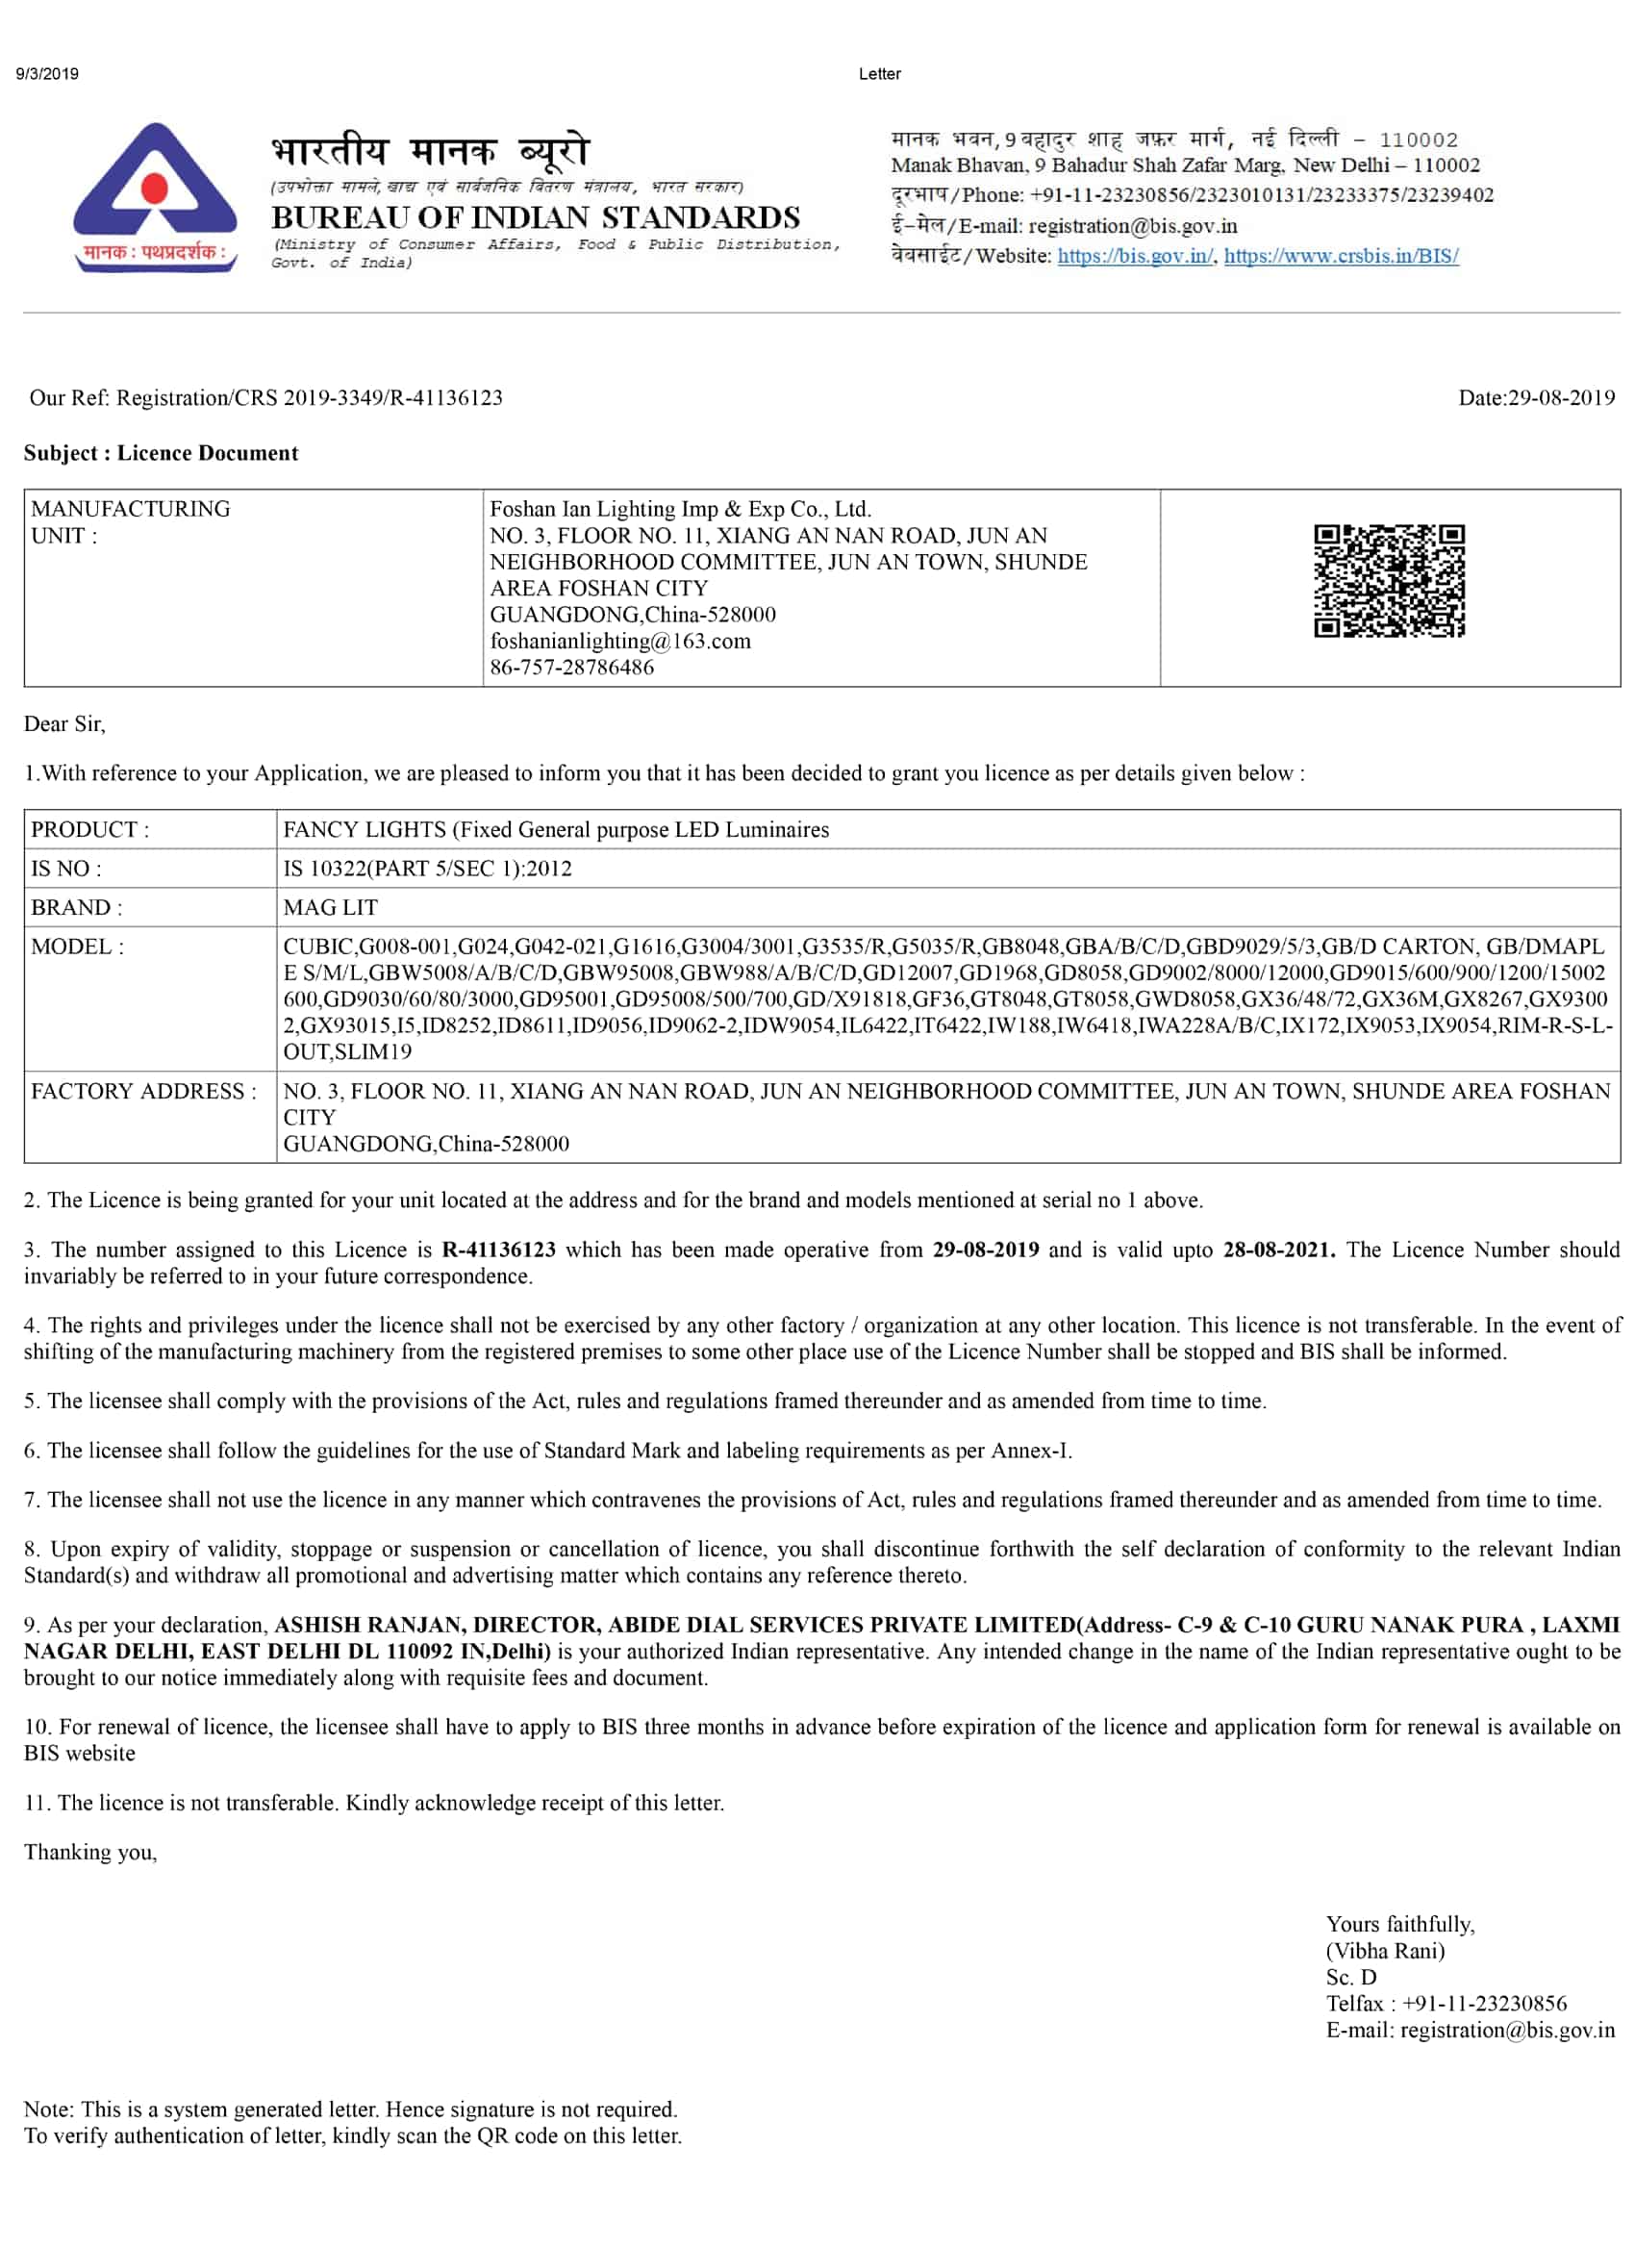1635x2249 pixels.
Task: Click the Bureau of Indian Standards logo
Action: pos(155,196)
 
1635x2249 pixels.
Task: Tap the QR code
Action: pos(1388,580)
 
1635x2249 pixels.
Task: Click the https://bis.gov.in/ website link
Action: pos(1134,256)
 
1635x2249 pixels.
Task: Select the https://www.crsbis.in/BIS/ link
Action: pos(1341,256)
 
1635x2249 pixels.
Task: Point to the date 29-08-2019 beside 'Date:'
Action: pos(1561,397)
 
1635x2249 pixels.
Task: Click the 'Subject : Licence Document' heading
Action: pos(161,453)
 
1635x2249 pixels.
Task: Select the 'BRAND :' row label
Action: pos(76,907)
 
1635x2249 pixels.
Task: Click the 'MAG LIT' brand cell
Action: pos(330,907)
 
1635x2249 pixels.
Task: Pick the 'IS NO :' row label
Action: pos(66,869)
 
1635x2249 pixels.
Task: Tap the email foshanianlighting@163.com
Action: pos(619,641)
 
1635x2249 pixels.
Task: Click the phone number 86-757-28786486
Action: pos(572,668)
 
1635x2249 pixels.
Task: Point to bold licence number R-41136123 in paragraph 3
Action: pos(499,1250)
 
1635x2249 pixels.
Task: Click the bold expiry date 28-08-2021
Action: pos(1278,1250)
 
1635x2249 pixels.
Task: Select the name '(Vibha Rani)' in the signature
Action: pos(1385,1952)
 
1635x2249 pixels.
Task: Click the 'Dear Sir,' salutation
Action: pos(64,724)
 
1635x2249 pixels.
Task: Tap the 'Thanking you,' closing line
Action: pos(90,1853)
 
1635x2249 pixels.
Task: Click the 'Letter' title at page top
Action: pos(879,74)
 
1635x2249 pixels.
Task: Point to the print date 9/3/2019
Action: pos(47,74)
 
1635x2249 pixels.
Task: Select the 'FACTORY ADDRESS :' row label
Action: pos(143,1091)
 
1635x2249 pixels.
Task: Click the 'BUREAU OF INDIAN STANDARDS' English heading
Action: pos(536,217)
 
